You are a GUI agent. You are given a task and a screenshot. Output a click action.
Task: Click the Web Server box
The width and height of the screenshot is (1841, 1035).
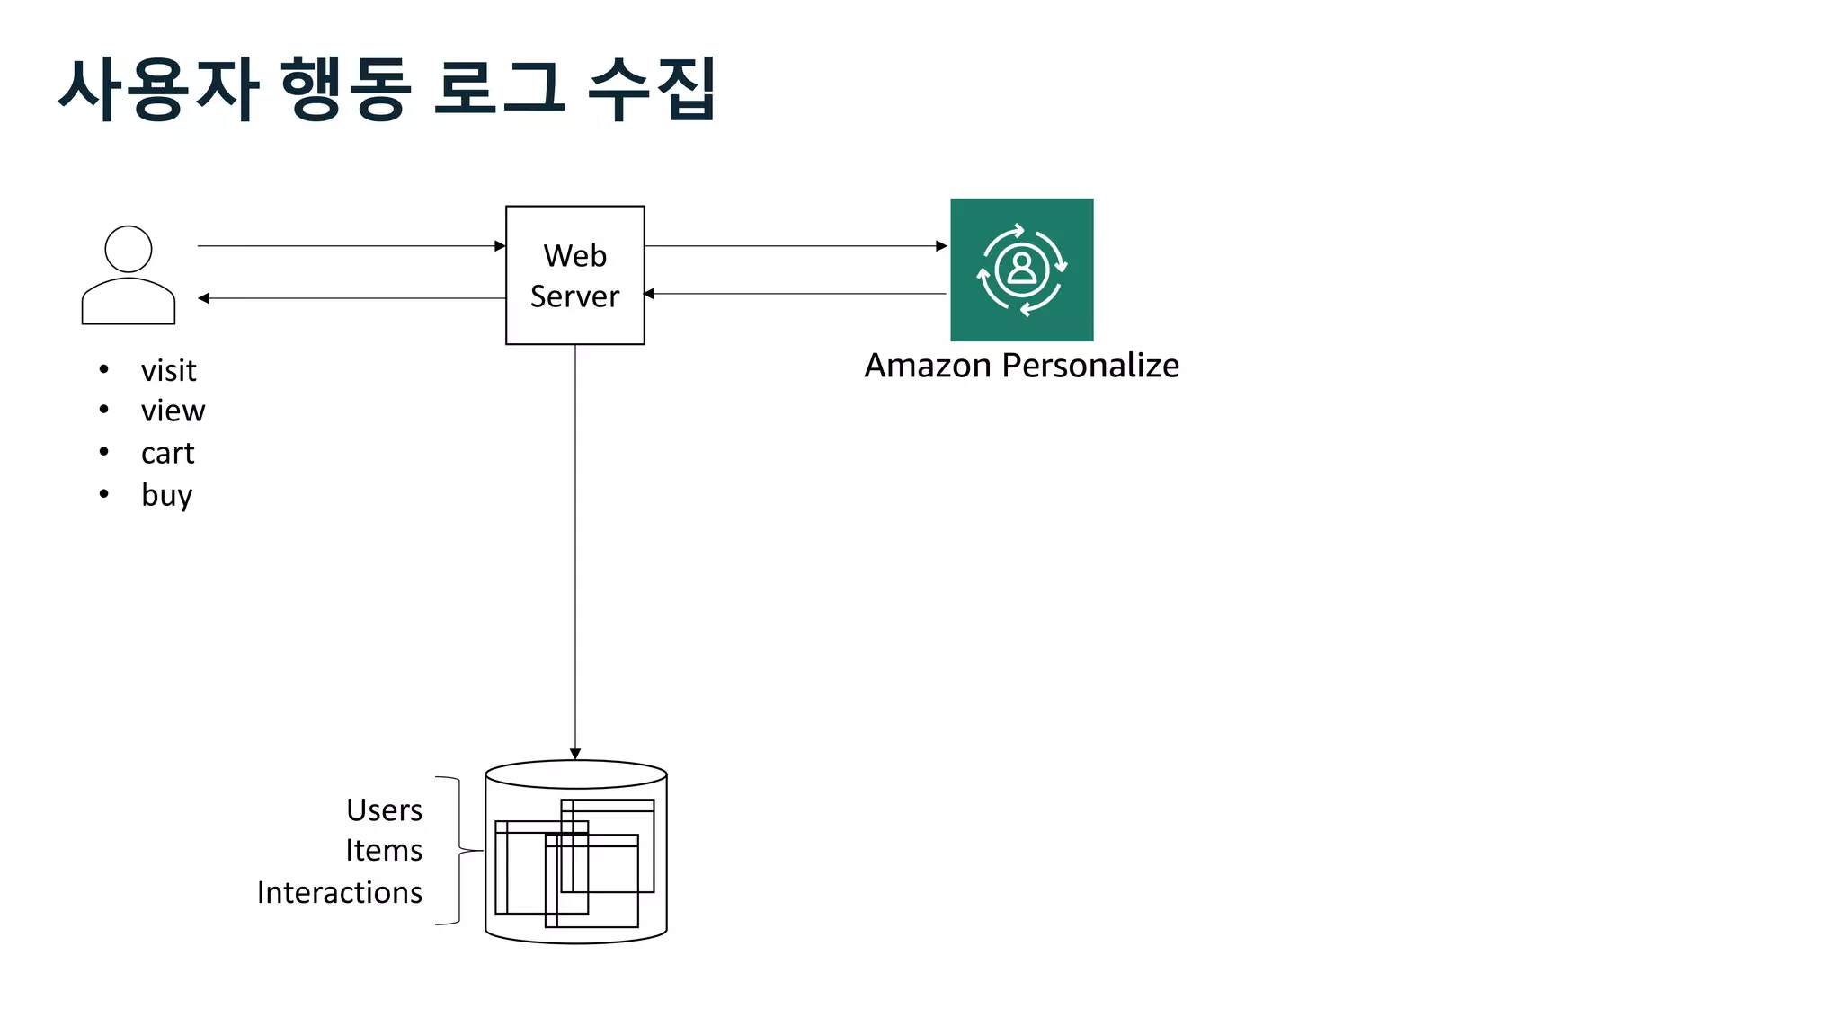pos(575,275)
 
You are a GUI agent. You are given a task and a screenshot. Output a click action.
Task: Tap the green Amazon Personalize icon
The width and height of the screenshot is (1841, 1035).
pos(1022,270)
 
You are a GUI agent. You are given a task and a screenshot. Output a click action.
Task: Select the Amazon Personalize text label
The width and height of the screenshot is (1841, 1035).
pos(1021,366)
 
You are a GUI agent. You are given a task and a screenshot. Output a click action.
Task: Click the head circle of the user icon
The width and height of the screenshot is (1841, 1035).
pos(129,249)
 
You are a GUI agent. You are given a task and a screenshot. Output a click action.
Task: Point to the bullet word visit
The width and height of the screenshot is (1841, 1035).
pos(168,370)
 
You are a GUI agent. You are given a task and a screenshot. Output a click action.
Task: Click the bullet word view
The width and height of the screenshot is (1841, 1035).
pos(173,411)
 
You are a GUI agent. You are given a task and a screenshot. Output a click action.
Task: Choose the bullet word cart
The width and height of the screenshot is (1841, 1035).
pos(167,453)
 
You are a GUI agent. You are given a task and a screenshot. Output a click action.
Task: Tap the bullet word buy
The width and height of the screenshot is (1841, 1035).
pos(166,495)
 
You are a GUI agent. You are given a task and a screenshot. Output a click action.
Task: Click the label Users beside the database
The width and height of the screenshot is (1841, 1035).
pos(384,810)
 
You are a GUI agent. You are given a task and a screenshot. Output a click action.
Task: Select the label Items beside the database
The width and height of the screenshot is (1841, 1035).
pos(384,851)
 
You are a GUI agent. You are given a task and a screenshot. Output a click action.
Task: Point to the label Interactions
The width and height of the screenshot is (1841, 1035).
pos(340,892)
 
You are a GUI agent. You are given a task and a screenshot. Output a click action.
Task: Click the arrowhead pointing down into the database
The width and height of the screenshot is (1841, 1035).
pos(575,754)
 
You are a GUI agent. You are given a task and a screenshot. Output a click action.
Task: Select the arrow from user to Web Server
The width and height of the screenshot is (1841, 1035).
pos(351,245)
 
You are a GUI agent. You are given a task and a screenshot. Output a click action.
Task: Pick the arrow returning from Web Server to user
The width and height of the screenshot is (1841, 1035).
pos(351,298)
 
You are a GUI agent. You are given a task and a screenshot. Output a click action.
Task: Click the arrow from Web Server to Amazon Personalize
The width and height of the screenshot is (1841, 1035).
pos(796,245)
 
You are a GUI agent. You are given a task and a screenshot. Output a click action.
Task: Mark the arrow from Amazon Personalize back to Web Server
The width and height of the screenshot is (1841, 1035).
pos(796,294)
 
